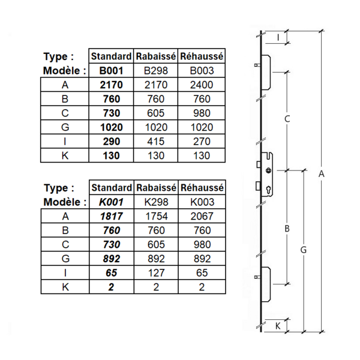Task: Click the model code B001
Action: pyautogui.click(x=110, y=70)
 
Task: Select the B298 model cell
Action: pyautogui.click(x=155, y=70)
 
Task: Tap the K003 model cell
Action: pyautogui.click(x=202, y=202)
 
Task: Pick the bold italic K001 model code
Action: pyautogui.click(x=110, y=202)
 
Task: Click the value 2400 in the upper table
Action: pyautogui.click(x=202, y=85)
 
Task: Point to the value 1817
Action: pyautogui.click(x=110, y=217)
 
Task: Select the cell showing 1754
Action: pyautogui.click(x=155, y=217)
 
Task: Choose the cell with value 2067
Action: pyautogui.click(x=202, y=217)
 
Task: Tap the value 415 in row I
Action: pyautogui.click(x=155, y=142)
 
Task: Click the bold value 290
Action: pyautogui.click(x=110, y=142)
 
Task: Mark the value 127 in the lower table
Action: pyautogui.click(x=155, y=273)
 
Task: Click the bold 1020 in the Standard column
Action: pyautogui.click(x=110, y=127)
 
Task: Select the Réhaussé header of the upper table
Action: pyautogui.click(x=202, y=56)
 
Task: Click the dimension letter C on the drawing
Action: pyautogui.click(x=287, y=119)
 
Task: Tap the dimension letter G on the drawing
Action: pyautogui.click(x=304, y=249)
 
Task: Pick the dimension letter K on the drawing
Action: pyautogui.click(x=278, y=326)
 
